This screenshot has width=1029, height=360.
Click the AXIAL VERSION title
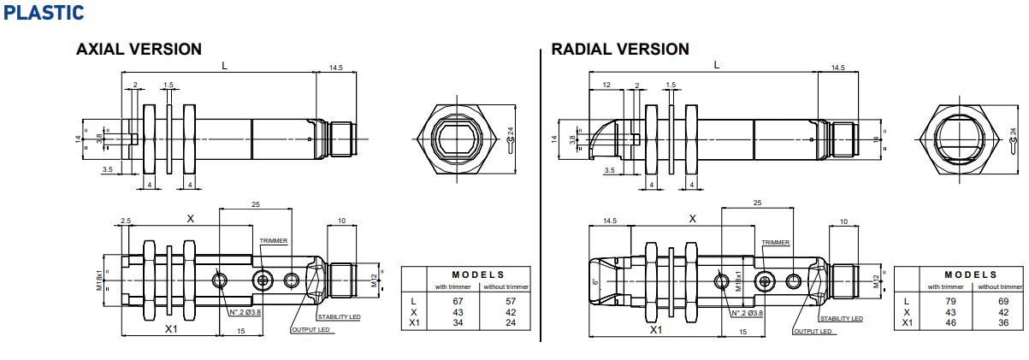139,50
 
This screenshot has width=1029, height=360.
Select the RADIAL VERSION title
620,50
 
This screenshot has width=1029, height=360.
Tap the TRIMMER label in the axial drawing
274,242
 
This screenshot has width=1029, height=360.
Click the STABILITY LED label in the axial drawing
338,318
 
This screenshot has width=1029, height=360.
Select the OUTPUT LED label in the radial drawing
813,331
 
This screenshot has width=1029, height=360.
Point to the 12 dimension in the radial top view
606,85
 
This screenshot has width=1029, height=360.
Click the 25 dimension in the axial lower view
255,204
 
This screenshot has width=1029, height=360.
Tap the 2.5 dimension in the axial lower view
126,221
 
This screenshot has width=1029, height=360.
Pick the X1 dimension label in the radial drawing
656,329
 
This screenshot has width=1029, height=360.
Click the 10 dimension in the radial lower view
843,221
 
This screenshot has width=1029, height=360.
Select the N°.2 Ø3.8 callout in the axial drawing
245,313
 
